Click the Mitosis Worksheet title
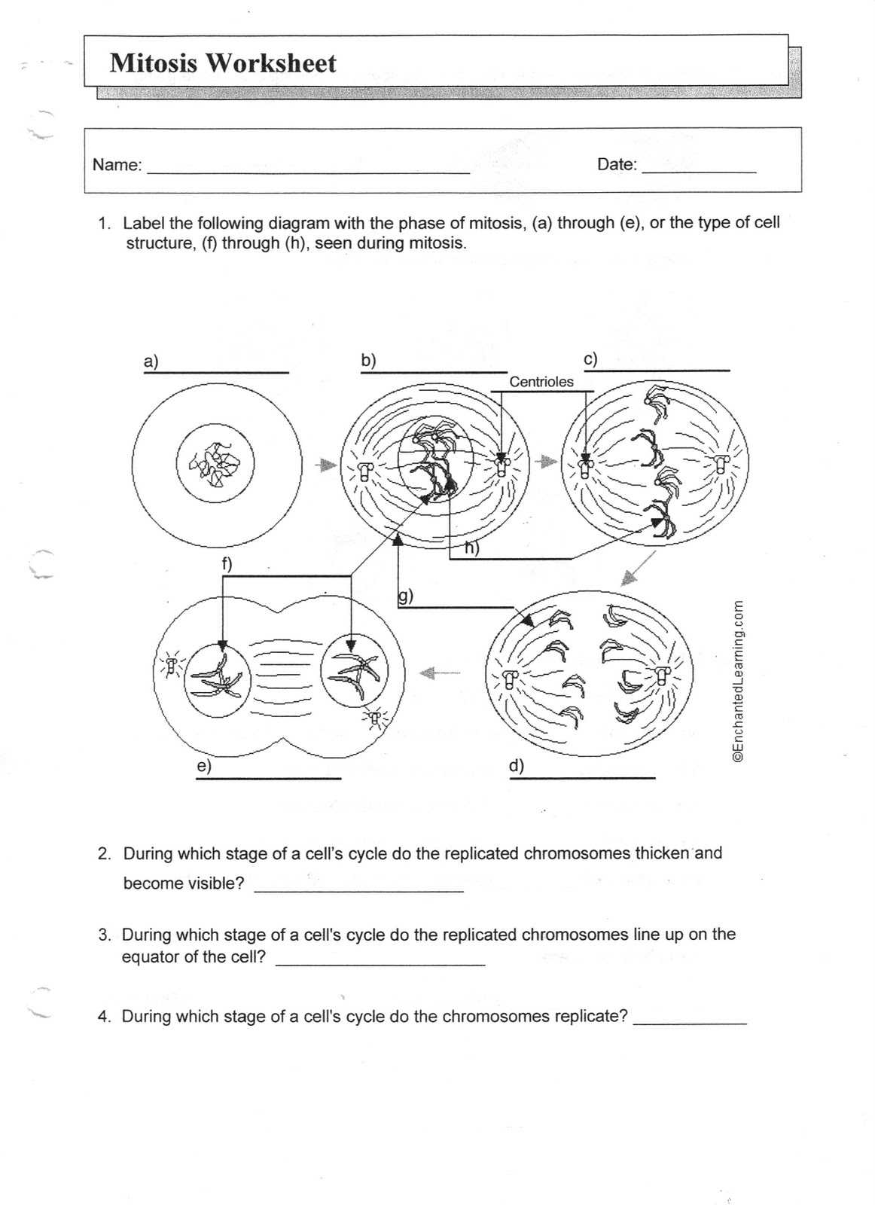point(223,63)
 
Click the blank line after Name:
point(308,172)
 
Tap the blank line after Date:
point(698,172)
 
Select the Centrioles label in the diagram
point(541,382)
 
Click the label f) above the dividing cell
point(227,564)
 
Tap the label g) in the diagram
point(405,596)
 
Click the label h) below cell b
point(471,548)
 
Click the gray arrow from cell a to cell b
point(325,465)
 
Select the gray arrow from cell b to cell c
point(547,461)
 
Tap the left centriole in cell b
point(365,471)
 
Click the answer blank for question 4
point(690,1023)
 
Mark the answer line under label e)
point(268,778)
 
